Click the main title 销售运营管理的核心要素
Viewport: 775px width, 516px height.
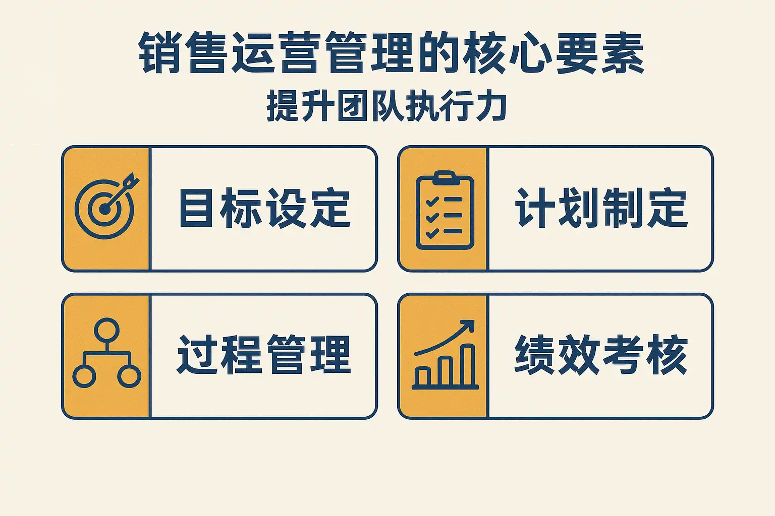pos(392,52)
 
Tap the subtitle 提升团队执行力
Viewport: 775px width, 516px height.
pos(387,106)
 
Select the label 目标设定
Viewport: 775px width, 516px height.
pos(265,208)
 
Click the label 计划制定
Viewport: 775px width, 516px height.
pos(601,208)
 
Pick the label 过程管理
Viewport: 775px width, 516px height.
pos(264,355)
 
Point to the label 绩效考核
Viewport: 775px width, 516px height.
pos(601,355)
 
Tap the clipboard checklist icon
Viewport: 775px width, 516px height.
pos(445,210)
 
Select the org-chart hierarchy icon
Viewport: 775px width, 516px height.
pos(106,353)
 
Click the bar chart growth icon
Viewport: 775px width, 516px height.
pos(445,355)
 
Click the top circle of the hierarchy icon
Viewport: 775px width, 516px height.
pos(106,330)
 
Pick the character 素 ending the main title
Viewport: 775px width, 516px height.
pos(623,52)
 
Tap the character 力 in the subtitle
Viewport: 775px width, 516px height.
pos(491,106)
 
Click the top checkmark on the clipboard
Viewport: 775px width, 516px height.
pos(432,201)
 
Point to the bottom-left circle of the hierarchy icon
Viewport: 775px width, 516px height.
pos(84,376)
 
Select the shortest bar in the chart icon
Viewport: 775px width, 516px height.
pos(422,376)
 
